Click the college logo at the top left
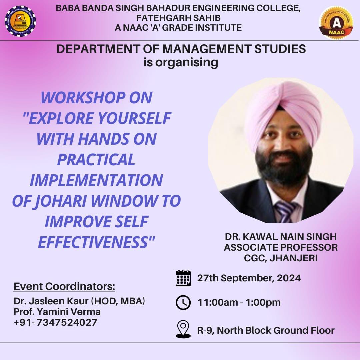(20, 21)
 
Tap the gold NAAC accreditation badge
(336, 22)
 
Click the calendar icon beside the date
(183, 278)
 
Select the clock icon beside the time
(183, 303)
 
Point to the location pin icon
(183, 329)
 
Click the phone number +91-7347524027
(55, 322)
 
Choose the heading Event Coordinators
(64, 286)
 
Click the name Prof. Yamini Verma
(57, 312)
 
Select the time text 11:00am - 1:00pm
(239, 302)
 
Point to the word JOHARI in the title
(60, 201)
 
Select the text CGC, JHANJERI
(281, 258)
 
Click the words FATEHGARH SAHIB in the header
(178, 18)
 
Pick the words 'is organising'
(181, 62)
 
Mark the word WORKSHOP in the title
(83, 98)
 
